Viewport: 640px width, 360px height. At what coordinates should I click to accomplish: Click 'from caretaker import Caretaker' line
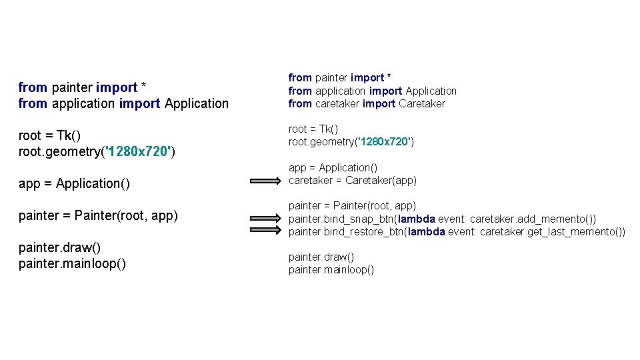366,103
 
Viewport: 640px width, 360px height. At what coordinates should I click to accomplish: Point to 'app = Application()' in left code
74,183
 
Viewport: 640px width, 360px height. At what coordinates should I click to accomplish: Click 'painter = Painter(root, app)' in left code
98,215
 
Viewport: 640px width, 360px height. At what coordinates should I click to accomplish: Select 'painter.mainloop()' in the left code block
72,263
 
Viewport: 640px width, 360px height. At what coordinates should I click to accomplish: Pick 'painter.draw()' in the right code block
321,257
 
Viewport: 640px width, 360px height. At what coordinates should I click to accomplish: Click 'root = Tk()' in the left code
49,135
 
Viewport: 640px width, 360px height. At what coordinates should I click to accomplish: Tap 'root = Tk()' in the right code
313,129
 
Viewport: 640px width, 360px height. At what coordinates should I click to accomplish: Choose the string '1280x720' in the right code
384,141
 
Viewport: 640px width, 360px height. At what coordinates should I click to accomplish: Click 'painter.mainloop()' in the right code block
331,269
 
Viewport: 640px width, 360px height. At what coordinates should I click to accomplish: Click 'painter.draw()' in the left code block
60,247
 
